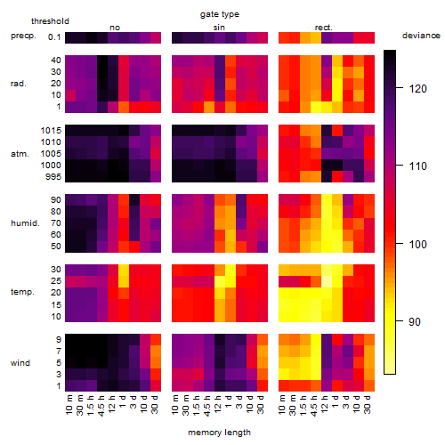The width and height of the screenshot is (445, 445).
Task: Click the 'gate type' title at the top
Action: tap(220, 14)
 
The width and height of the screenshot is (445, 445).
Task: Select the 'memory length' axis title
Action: tap(219, 433)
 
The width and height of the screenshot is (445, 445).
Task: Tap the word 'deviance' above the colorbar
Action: tap(421, 36)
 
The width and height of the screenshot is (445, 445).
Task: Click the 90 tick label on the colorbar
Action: tap(415, 322)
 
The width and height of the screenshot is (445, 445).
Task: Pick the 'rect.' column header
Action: tap(324, 28)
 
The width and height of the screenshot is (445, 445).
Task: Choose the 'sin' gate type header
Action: tap(219, 28)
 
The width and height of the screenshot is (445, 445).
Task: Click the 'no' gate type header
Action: tap(115, 28)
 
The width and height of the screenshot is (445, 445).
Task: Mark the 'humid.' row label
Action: tap(25, 223)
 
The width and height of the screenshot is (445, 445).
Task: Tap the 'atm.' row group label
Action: tap(20, 154)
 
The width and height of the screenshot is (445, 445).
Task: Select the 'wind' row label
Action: tap(20, 363)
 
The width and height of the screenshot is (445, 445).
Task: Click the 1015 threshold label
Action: tap(51, 131)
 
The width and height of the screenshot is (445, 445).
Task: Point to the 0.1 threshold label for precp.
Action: tap(54, 37)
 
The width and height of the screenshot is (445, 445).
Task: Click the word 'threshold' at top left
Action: tap(50, 21)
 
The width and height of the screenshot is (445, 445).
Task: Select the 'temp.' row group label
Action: tap(22, 292)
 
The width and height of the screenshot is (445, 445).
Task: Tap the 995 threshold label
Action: tap(53, 177)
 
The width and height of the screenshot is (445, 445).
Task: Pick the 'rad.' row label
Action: tap(19, 84)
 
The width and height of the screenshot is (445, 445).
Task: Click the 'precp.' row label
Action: tap(23, 36)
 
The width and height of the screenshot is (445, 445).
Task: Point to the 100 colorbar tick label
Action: tap(417, 244)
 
